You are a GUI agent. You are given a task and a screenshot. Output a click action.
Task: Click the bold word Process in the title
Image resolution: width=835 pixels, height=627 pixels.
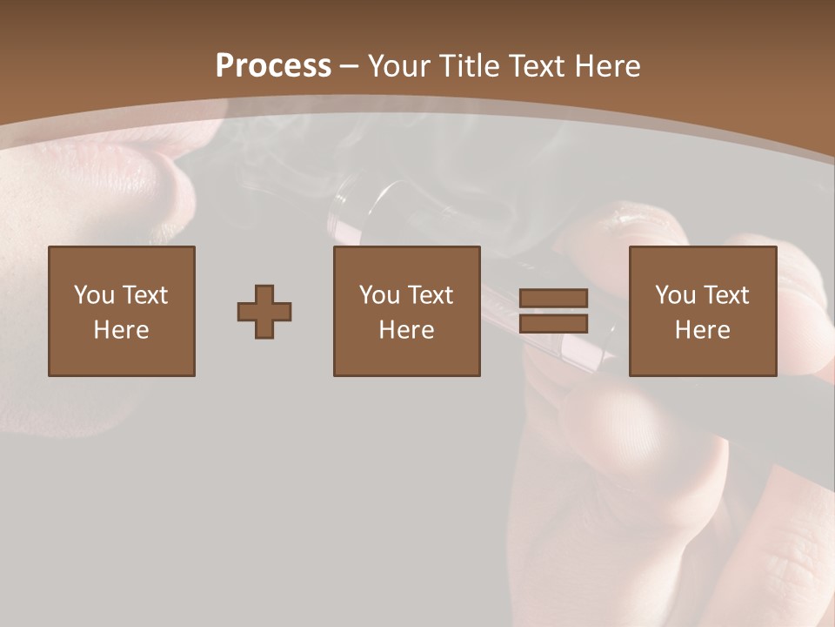pos(273,66)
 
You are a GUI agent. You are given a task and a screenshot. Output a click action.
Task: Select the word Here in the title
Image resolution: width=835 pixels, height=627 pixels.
pos(605,66)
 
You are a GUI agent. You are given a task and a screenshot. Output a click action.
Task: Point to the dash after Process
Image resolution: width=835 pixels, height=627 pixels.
pos(350,66)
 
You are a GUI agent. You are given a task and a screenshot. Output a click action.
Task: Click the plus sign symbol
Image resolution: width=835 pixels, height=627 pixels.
pos(264,311)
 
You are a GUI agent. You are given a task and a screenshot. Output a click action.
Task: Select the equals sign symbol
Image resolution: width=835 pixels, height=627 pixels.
pos(553,311)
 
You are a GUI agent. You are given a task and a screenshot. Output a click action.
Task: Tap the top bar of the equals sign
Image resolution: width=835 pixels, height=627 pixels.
pos(553,298)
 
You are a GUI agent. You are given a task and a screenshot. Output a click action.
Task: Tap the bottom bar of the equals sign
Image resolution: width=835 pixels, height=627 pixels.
pos(553,324)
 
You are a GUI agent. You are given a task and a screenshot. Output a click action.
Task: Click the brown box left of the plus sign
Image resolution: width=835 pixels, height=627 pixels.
pos(122,311)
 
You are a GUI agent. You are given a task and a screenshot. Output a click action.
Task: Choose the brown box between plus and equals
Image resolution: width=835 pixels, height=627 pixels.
pos(407,311)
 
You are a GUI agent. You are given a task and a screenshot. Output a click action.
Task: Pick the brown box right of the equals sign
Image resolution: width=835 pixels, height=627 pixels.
pos(703,311)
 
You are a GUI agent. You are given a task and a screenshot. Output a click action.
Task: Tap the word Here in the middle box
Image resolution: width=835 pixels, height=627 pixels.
pos(407,330)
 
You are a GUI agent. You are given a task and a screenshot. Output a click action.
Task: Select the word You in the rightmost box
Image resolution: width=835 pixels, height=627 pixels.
pos(675,295)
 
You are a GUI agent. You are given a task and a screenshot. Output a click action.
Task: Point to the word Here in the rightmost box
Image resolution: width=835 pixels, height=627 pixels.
pos(703,330)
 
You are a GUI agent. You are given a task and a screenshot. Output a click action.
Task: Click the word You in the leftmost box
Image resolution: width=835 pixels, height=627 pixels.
pos(94,295)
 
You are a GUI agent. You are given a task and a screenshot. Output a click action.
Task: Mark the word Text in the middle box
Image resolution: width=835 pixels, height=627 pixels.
pos(430,295)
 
